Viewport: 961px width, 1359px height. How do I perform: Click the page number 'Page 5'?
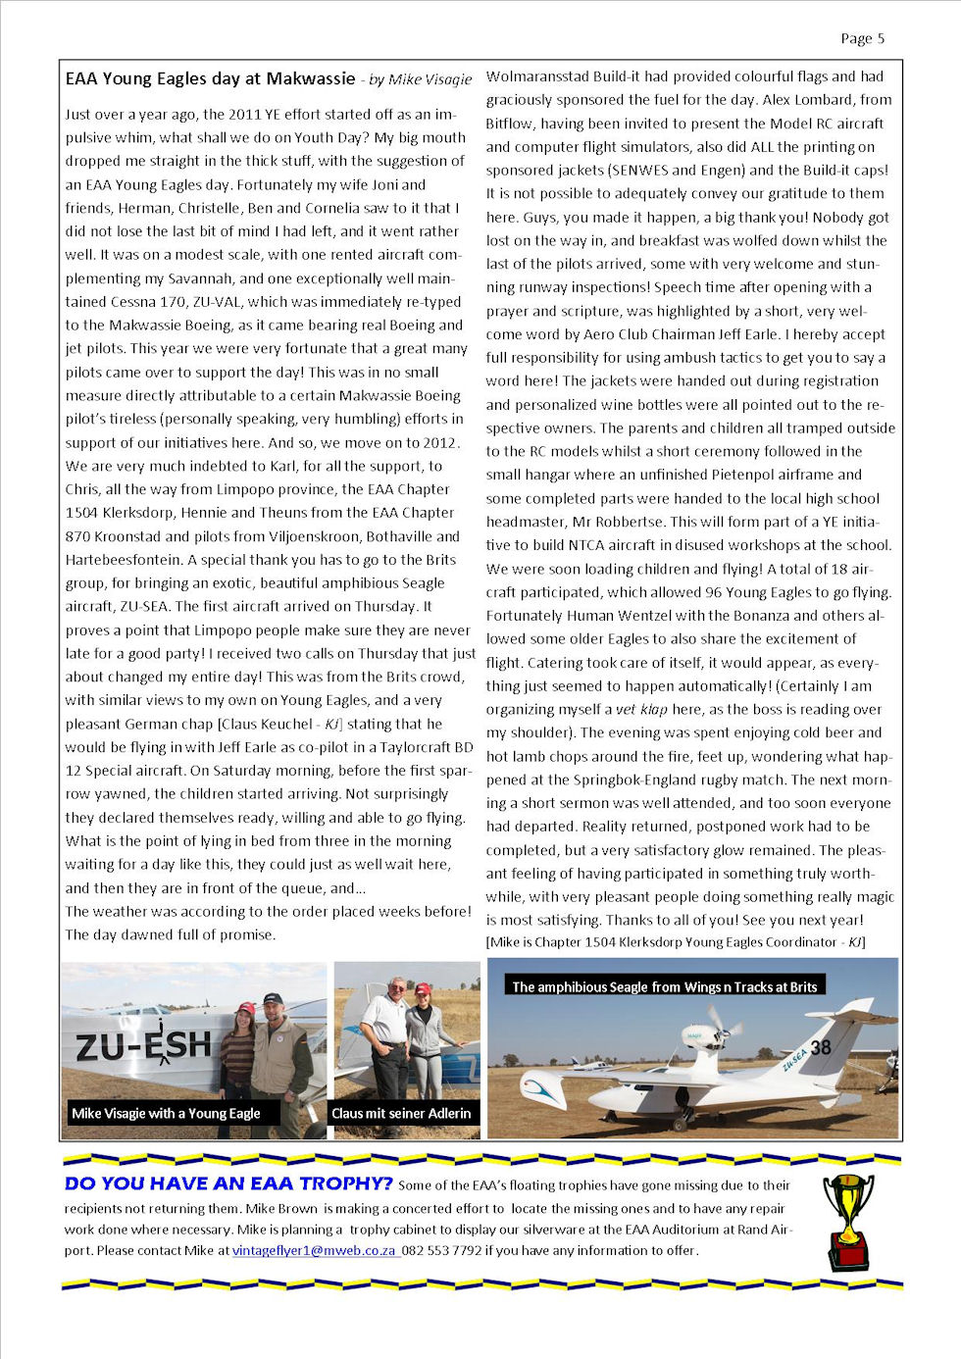pyautogui.click(x=862, y=38)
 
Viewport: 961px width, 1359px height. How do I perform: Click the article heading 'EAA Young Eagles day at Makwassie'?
pyautogui.click(x=210, y=78)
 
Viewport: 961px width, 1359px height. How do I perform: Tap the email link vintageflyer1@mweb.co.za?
pyautogui.click(x=314, y=1250)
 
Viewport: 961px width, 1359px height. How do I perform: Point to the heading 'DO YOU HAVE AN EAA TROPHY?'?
pyautogui.click(x=228, y=1183)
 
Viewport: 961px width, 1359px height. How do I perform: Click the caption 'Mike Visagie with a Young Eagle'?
pyautogui.click(x=166, y=1113)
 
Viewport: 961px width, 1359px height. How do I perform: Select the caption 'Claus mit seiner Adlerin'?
pyautogui.click(x=401, y=1113)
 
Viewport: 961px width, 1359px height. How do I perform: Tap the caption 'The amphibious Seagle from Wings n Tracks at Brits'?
pyautogui.click(x=664, y=986)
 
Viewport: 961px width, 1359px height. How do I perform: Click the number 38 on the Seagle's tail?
pyautogui.click(x=821, y=1047)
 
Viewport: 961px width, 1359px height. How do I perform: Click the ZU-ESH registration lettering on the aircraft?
pyautogui.click(x=143, y=1046)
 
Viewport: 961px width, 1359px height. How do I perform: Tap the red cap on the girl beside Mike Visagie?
pyautogui.click(x=243, y=1007)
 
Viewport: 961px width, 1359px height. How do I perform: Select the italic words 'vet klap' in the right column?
pyautogui.click(x=641, y=709)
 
